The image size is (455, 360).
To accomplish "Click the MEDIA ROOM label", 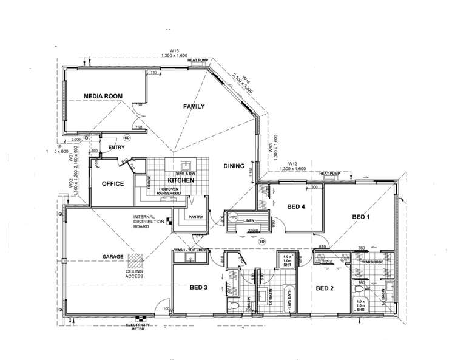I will [103, 96].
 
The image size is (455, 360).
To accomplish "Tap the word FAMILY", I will [194, 106].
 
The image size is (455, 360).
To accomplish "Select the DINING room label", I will [234, 165].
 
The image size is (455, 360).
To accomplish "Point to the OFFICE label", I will [112, 183].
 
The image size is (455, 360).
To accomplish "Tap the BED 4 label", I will [295, 207].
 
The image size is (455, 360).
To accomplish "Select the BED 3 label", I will [199, 287].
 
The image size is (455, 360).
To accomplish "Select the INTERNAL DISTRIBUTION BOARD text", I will [149, 222].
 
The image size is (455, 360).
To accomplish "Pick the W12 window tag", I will [293, 164].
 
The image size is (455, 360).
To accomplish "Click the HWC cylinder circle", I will [233, 217].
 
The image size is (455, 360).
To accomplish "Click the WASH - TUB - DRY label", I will [192, 250].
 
